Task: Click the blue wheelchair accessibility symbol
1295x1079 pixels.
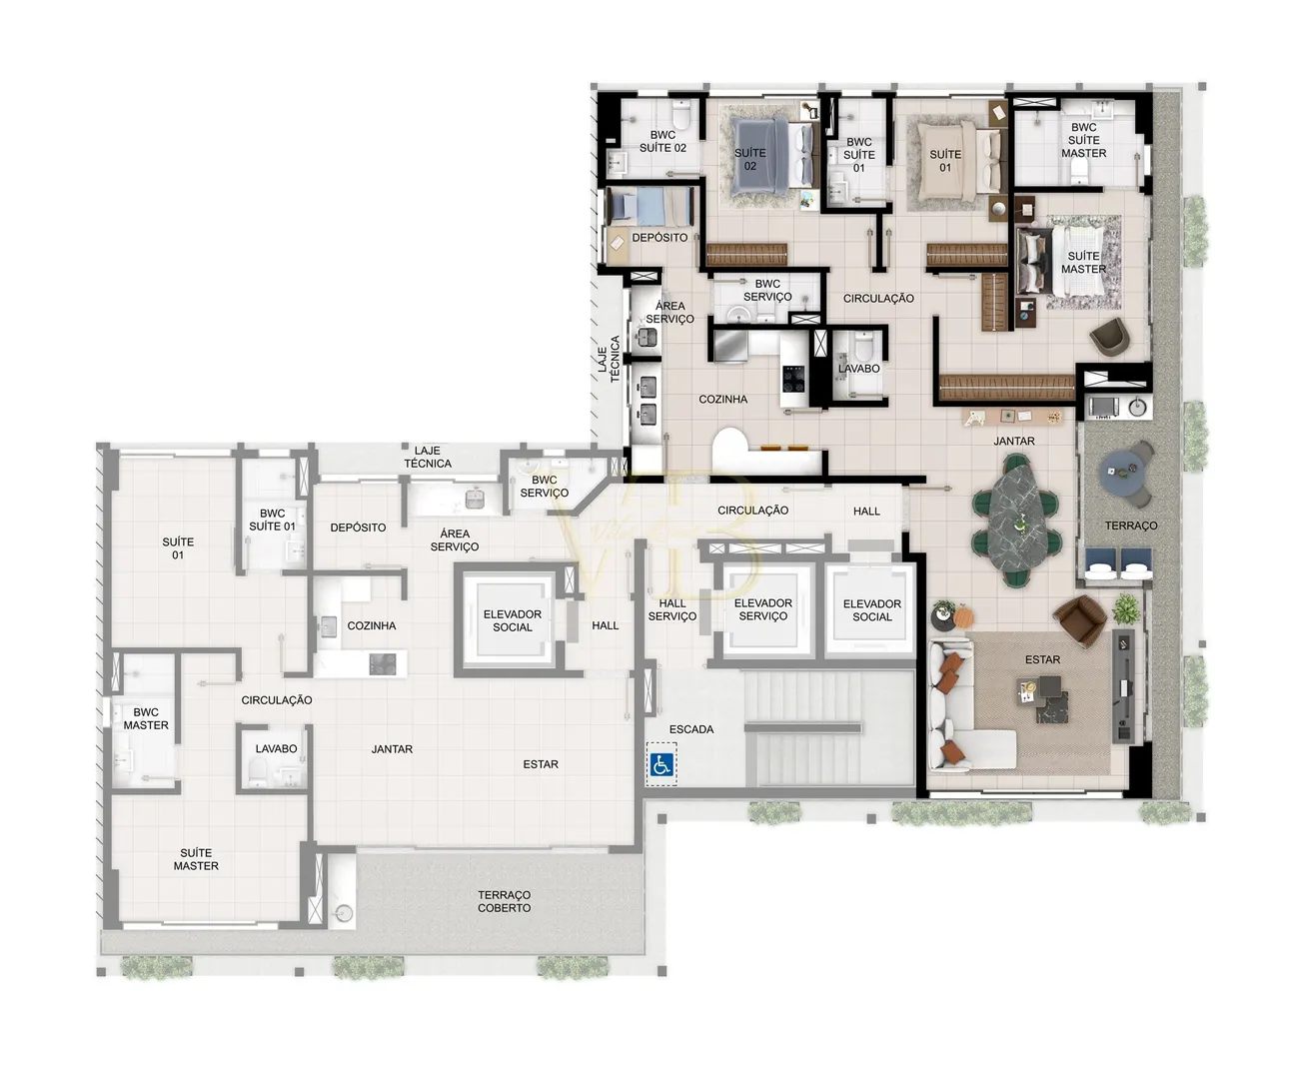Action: coord(661,764)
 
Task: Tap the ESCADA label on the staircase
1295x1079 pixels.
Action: coord(690,729)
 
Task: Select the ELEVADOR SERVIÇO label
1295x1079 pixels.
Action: coord(762,609)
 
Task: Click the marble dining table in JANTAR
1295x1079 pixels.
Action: coord(1014,518)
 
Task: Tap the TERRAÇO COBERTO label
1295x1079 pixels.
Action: coord(504,901)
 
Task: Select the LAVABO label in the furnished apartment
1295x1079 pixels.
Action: coord(858,369)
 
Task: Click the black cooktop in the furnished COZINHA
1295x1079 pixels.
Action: coord(793,379)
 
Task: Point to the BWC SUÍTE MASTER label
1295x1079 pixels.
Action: coord(1083,140)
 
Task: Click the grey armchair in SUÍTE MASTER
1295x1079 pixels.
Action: coord(1109,337)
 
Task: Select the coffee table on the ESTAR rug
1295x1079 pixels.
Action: coord(1042,699)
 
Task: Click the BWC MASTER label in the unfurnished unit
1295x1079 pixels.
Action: coord(146,718)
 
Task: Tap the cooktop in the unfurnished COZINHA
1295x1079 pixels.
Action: coord(383,664)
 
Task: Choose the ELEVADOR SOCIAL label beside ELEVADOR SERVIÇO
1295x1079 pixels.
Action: coord(872,610)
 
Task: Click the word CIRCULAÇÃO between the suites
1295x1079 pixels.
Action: coord(878,299)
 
